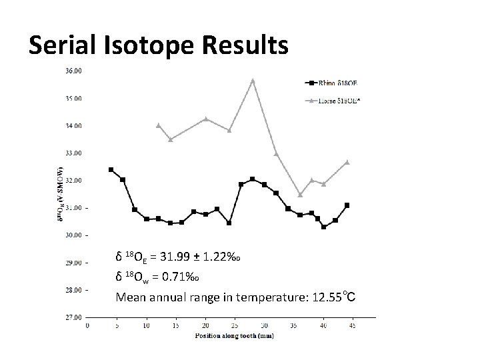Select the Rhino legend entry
pos(333,83)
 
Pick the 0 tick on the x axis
pos(88,326)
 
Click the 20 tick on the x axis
pos(205,326)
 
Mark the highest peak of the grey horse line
pos(253,81)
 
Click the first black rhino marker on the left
pos(111,169)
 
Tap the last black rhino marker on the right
pos(347,205)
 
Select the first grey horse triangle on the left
pos(158,125)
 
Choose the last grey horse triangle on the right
pos(347,162)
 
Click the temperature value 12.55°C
pos(333,297)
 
